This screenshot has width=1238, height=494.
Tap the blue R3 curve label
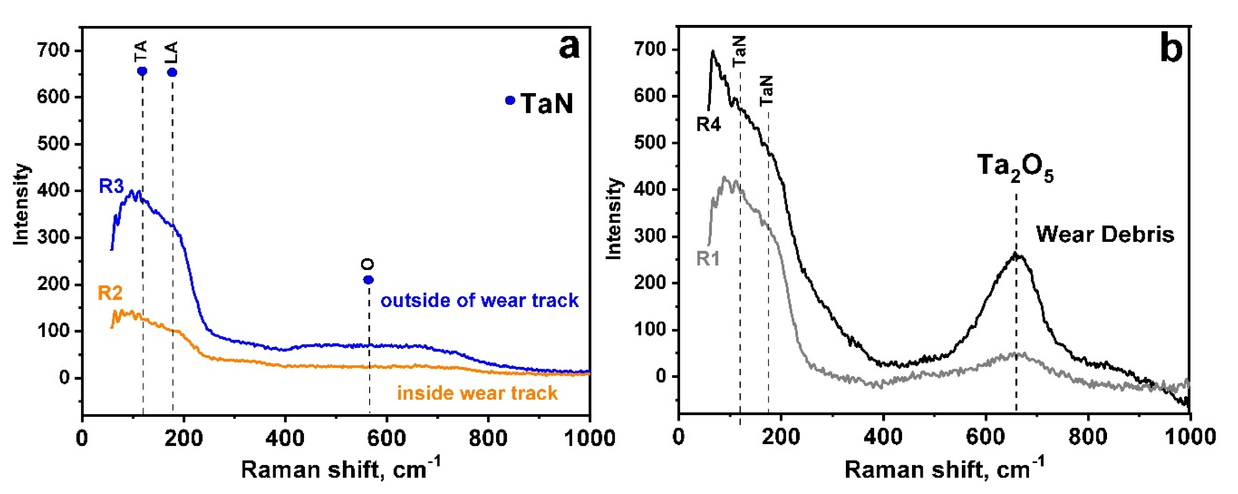click(x=112, y=186)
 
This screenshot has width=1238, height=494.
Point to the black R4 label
click(x=709, y=125)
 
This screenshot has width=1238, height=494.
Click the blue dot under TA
click(x=142, y=71)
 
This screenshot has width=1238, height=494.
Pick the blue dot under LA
click(x=172, y=72)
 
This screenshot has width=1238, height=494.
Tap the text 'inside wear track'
click(x=477, y=393)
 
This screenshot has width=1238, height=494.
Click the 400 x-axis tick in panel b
click(x=883, y=438)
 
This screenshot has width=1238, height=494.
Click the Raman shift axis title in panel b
click(x=944, y=469)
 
